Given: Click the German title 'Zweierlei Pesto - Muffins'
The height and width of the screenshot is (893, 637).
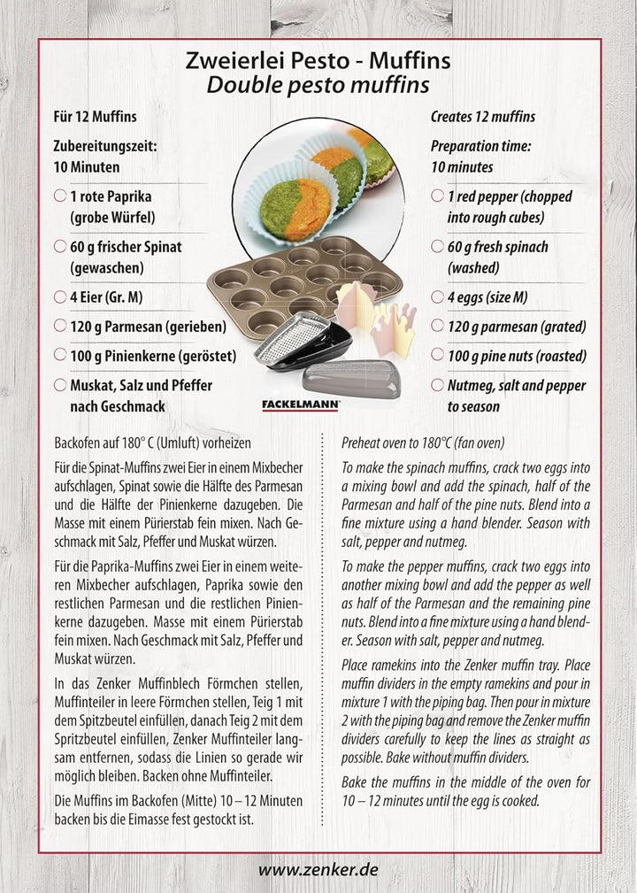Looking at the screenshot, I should (x=318, y=61).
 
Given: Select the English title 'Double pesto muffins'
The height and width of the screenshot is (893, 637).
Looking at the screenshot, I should (x=318, y=85).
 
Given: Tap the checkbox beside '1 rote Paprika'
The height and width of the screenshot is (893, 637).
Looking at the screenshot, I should (x=59, y=196).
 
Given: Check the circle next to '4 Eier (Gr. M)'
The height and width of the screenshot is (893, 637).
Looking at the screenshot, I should (x=59, y=297).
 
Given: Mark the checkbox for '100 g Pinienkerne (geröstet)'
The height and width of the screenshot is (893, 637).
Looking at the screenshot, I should (x=59, y=355).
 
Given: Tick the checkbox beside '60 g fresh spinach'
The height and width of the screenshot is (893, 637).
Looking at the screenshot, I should (x=437, y=247).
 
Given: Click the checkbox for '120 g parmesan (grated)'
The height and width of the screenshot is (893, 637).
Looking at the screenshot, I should (x=437, y=327).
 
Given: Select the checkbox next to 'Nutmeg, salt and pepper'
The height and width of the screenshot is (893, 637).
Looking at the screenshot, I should (x=437, y=386).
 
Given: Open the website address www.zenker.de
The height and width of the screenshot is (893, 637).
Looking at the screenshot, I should (x=318, y=869).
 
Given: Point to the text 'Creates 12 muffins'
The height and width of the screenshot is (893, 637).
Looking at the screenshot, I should (x=482, y=117).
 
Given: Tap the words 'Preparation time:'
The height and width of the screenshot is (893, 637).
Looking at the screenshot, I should (x=480, y=147).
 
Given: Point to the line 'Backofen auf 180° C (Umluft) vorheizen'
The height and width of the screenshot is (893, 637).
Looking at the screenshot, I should (x=153, y=442).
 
